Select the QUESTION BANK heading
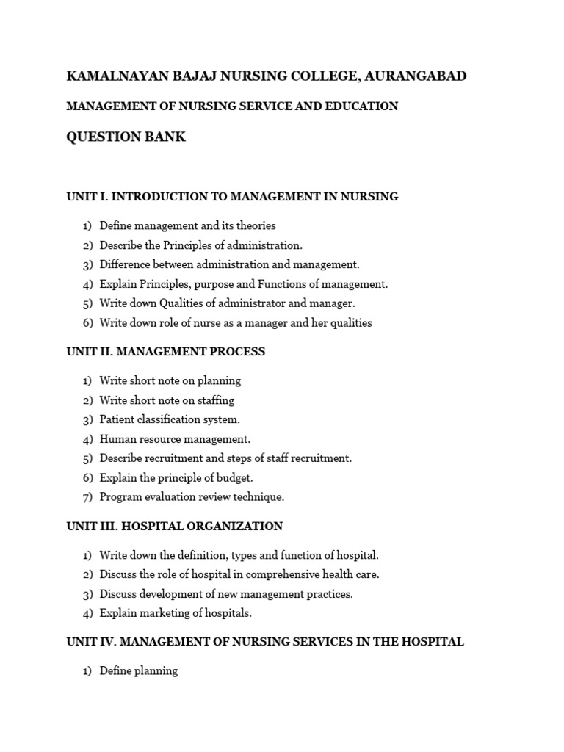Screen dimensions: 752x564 pos(126,137)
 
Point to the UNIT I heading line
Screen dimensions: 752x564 pos(232,197)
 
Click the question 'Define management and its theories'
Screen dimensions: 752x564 pos(187,226)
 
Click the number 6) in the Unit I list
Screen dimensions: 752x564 pos(87,323)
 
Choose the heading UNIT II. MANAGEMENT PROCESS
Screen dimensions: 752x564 pos(165,352)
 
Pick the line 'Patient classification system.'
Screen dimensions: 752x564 pos(170,420)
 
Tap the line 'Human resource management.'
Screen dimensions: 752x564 pos(175,439)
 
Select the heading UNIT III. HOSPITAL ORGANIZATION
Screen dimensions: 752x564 pos(174,527)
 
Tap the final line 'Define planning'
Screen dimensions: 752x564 pos(138,671)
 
